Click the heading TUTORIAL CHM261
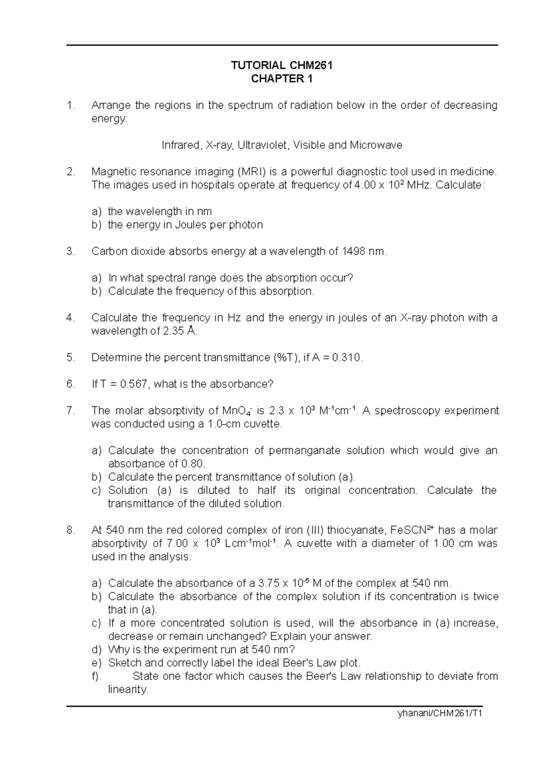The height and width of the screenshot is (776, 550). (282, 66)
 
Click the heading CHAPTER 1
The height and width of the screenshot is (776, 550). (282, 79)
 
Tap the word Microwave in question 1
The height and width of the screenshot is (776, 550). (376, 146)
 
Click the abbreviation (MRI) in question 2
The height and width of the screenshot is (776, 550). (251, 172)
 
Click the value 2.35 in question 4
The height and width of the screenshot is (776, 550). (174, 331)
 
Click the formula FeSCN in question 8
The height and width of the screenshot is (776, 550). (408, 530)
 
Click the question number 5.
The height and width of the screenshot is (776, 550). (70, 358)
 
